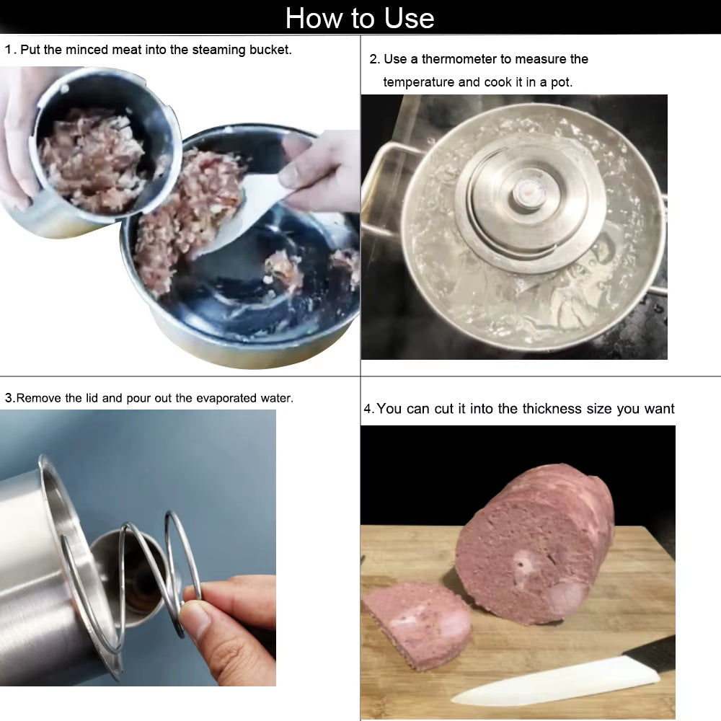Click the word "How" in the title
[x=312, y=17]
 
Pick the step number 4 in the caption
[x=368, y=410]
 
